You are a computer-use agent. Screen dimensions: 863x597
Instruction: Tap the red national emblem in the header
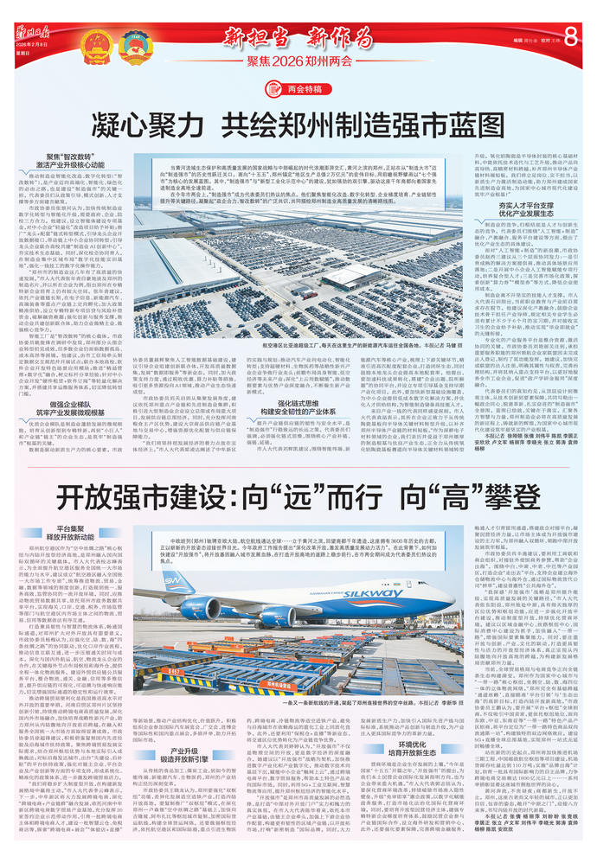[x=89, y=42]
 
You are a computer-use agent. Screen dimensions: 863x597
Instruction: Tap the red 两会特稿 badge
[x=299, y=87]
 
